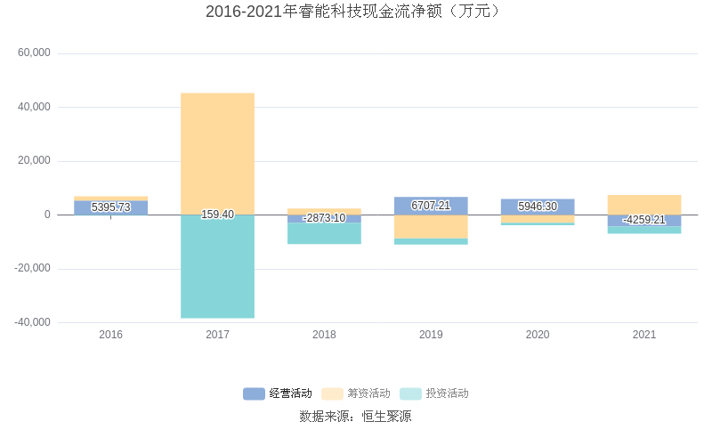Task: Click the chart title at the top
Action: [355, 12]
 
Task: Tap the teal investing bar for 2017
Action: [217, 267]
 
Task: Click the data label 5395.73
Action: [110, 207]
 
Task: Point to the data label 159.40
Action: [217, 215]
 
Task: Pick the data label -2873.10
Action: [324, 218]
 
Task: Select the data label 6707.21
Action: [431, 206]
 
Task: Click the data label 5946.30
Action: [538, 207]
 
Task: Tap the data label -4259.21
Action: [643, 220]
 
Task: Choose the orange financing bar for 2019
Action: [431, 227]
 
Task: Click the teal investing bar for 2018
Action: [324, 233]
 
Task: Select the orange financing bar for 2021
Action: [643, 205]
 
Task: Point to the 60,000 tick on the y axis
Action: [35, 53]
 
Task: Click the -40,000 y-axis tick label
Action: [33, 322]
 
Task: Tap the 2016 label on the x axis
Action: [110, 335]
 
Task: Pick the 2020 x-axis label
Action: [538, 335]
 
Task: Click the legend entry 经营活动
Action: [278, 393]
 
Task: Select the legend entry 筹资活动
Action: [356, 393]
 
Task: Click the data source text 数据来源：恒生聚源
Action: [355, 416]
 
